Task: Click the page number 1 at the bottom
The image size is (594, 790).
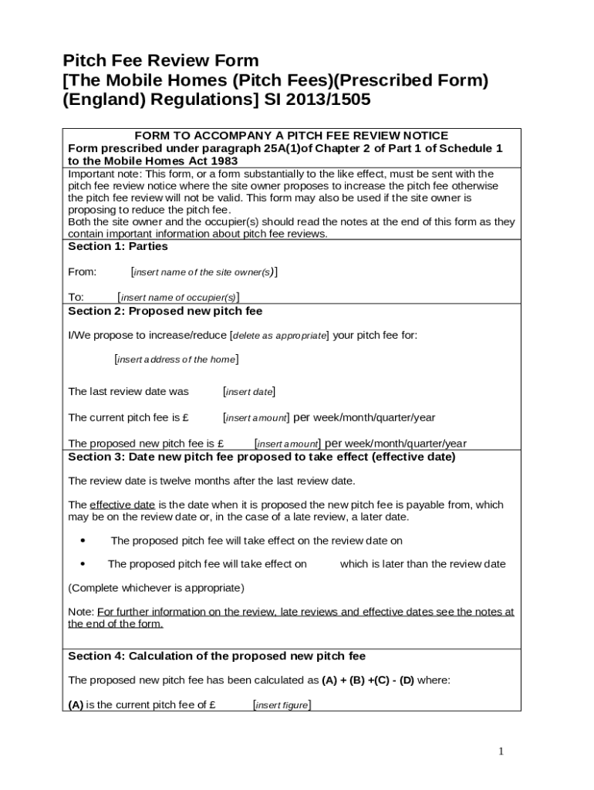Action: [x=501, y=751]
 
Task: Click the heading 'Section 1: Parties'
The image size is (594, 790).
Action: [x=118, y=247]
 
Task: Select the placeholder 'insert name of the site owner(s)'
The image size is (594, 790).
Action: [x=204, y=272]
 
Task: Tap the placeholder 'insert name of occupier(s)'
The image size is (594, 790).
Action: [x=178, y=298]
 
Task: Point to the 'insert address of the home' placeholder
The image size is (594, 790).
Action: [x=176, y=360]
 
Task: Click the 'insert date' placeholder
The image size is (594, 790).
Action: [x=249, y=392]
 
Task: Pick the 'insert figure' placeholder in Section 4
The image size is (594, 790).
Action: [x=282, y=705]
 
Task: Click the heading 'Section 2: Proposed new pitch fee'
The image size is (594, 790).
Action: [x=165, y=312]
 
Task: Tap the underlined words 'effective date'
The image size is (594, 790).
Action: [x=123, y=505]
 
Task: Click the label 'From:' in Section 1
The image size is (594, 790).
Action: [x=83, y=272]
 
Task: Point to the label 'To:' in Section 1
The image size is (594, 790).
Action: [x=76, y=297]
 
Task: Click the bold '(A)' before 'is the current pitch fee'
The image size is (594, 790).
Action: [x=76, y=704]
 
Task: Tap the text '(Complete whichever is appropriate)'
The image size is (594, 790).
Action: [x=157, y=588]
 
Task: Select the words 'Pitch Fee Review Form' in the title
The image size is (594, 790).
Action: [x=160, y=61]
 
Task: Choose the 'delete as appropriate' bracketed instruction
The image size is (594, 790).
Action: [x=279, y=336]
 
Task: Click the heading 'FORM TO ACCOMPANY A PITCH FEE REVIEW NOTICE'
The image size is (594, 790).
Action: [x=292, y=136]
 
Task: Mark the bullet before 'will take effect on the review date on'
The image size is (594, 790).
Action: [x=83, y=541]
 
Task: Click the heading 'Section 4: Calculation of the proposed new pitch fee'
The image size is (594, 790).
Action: [x=217, y=657]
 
